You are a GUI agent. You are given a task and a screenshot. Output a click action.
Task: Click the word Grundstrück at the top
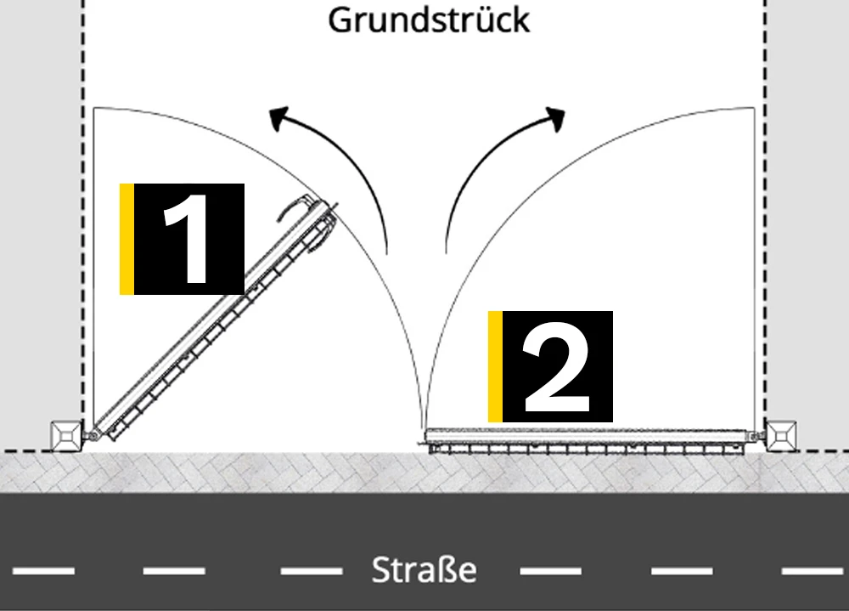[429, 20]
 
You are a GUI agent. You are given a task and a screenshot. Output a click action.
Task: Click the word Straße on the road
[424, 570]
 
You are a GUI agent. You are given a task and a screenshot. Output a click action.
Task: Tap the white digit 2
[557, 367]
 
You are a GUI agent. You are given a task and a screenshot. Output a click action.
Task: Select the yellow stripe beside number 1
[127, 239]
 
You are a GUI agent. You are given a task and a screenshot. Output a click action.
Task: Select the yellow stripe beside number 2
[495, 366]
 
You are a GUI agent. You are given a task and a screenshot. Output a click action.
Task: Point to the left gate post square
[66, 435]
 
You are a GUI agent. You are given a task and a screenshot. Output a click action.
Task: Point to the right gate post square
[781, 435]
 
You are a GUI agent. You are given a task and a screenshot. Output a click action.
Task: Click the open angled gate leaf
[214, 320]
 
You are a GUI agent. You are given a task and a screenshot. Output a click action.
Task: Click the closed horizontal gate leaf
[588, 440]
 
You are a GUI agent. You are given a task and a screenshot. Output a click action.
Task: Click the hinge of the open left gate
[93, 434]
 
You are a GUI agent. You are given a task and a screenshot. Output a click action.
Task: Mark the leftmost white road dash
[43, 570]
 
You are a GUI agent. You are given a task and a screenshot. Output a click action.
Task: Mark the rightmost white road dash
[812, 570]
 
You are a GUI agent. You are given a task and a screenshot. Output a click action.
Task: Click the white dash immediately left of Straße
[312, 570]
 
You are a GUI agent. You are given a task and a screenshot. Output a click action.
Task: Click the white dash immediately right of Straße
[551, 570]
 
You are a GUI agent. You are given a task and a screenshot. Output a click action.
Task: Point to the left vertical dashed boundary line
[83, 211]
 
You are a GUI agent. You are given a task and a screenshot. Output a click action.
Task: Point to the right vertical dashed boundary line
[765, 211]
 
